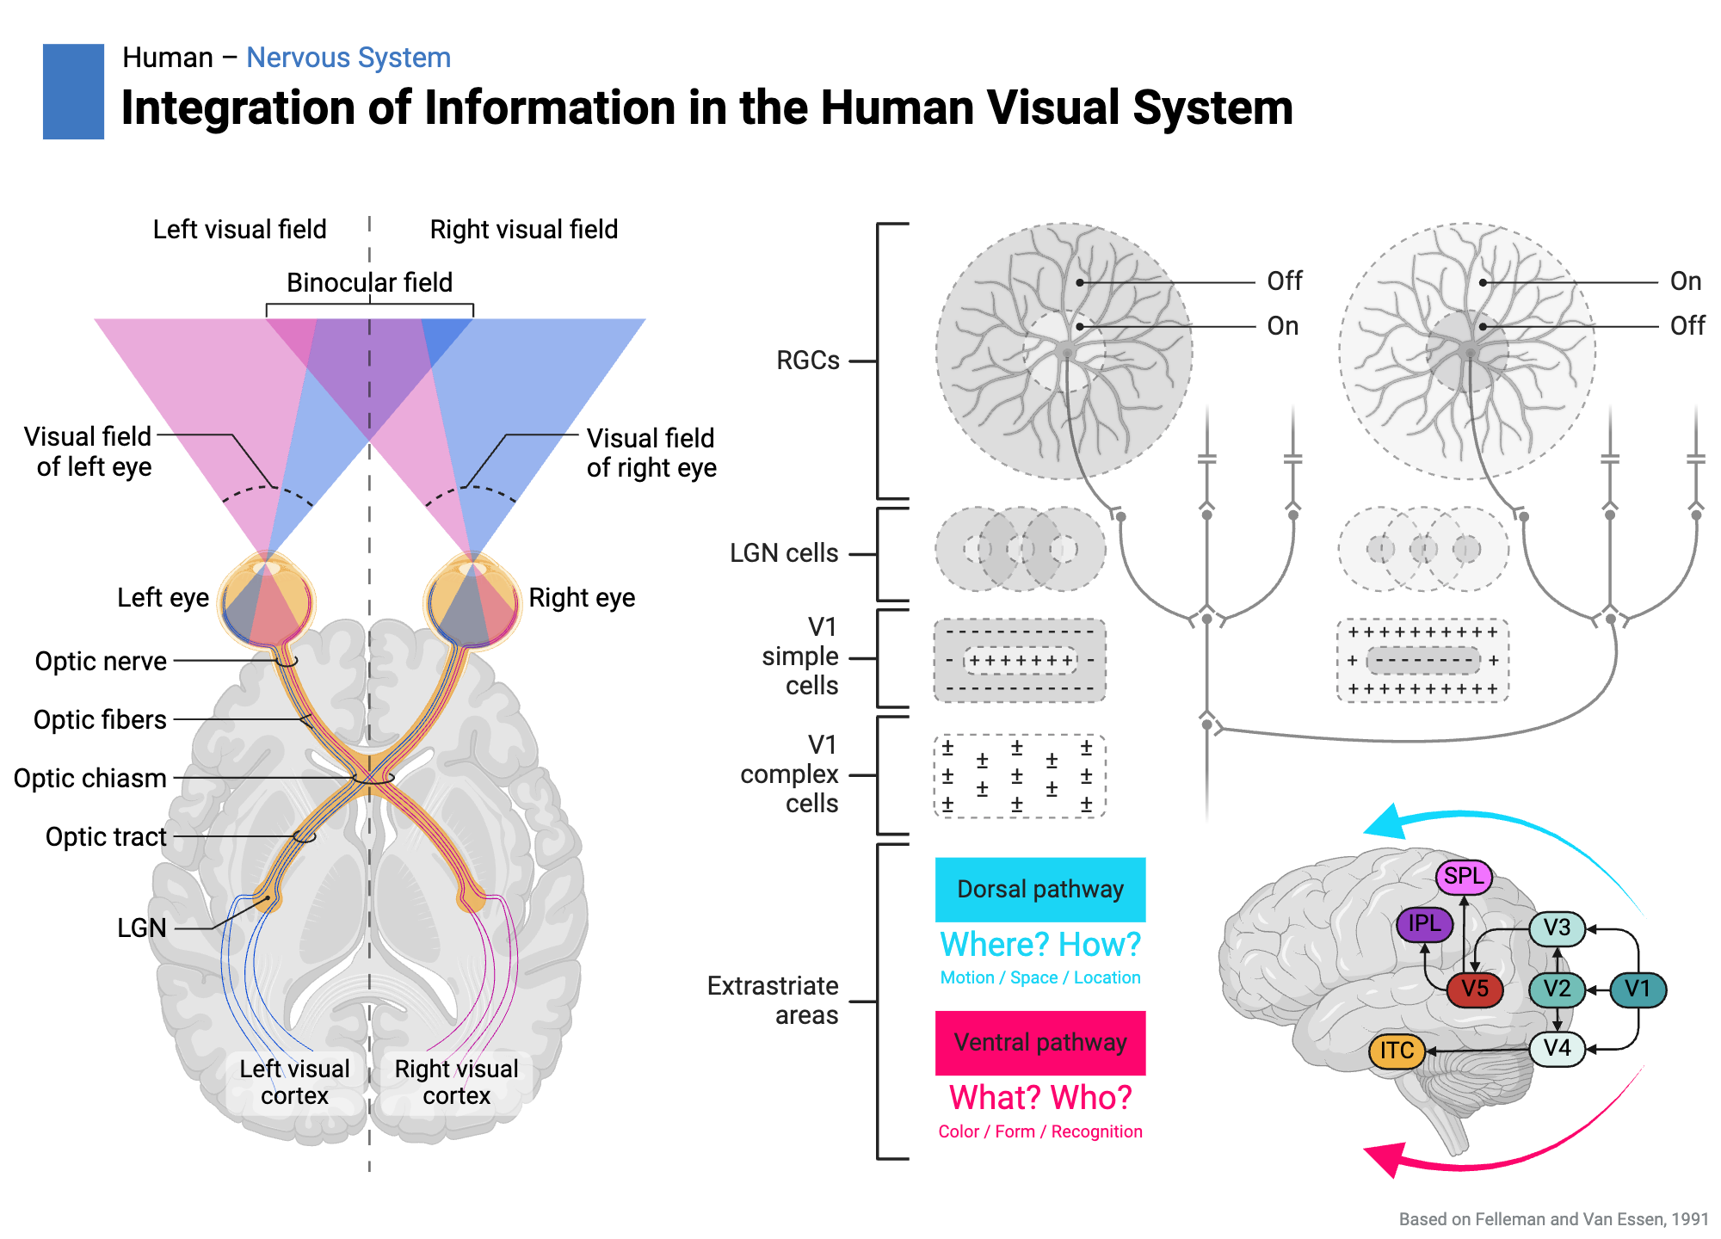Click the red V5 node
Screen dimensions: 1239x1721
pyautogui.click(x=1474, y=989)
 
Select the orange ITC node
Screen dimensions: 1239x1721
pyautogui.click(x=1397, y=1051)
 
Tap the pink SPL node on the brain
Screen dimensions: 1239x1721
pyautogui.click(x=1464, y=877)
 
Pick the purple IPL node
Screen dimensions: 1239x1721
pyautogui.click(x=1424, y=924)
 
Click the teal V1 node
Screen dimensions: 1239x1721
pyautogui.click(x=1638, y=989)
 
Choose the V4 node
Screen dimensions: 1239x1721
pyautogui.click(x=1557, y=1049)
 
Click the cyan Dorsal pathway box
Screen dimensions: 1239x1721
pyautogui.click(x=1039, y=889)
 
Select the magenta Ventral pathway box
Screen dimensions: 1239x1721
pyautogui.click(x=1039, y=1043)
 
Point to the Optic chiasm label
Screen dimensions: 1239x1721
pyautogui.click(x=90, y=778)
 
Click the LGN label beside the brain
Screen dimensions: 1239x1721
pyautogui.click(x=142, y=928)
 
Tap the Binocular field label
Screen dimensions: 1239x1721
pyautogui.click(x=369, y=282)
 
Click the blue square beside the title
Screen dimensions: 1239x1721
pyautogui.click(x=73, y=91)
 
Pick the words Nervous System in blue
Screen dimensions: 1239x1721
pyautogui.click(x=348, y=58)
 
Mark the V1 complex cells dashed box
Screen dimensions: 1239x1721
pyautogui.click(x=1019, y=775)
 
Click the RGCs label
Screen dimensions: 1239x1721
pyautogui.click(x=807, y=361)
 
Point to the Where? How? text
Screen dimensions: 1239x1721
pyautogui.click(x=1039, y=945)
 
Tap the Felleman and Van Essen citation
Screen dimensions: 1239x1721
pyautogui.click(x=1553, y=1219)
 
